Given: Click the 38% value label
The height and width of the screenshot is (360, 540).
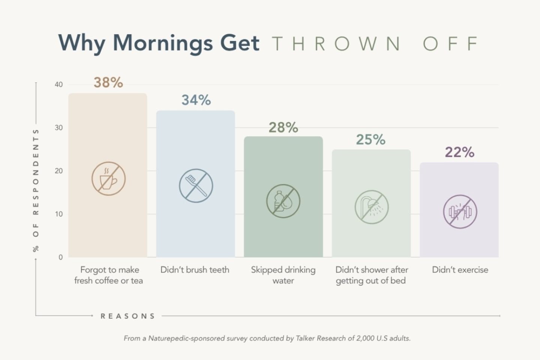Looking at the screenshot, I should point(108,83).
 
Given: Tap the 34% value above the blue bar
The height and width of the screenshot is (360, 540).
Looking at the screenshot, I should point(196,100).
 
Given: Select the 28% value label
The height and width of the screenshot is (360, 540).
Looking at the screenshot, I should point(283,128).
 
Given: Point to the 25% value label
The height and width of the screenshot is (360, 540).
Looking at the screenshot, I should point(370,140).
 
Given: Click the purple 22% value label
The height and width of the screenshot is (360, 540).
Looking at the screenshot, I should point(459,152).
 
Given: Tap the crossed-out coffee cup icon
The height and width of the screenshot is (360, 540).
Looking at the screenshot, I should point(108,179).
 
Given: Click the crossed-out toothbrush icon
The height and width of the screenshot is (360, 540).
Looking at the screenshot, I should point(196,186).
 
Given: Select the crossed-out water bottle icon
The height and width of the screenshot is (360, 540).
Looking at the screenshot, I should point(283,201).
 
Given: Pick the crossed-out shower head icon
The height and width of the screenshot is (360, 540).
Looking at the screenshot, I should point(371,207).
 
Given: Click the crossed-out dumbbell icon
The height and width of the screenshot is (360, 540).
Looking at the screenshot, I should point(460,212).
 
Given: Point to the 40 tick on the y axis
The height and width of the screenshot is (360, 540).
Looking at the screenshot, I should point(58,85).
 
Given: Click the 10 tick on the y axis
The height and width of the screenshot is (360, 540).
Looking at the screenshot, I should point(59,214).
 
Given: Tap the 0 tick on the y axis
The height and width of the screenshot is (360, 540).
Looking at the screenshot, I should point(60,257).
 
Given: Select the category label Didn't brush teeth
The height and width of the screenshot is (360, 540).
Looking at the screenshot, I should point(195,270).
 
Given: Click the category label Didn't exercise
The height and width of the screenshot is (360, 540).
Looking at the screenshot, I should point(460,270).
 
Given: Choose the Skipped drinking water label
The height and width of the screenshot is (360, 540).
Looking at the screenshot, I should point(283,275).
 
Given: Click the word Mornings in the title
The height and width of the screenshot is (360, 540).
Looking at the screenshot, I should point(163,43).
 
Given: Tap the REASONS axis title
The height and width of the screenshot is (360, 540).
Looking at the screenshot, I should point(127,316).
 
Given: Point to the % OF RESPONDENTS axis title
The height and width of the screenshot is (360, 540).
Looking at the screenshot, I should point(36,190).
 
